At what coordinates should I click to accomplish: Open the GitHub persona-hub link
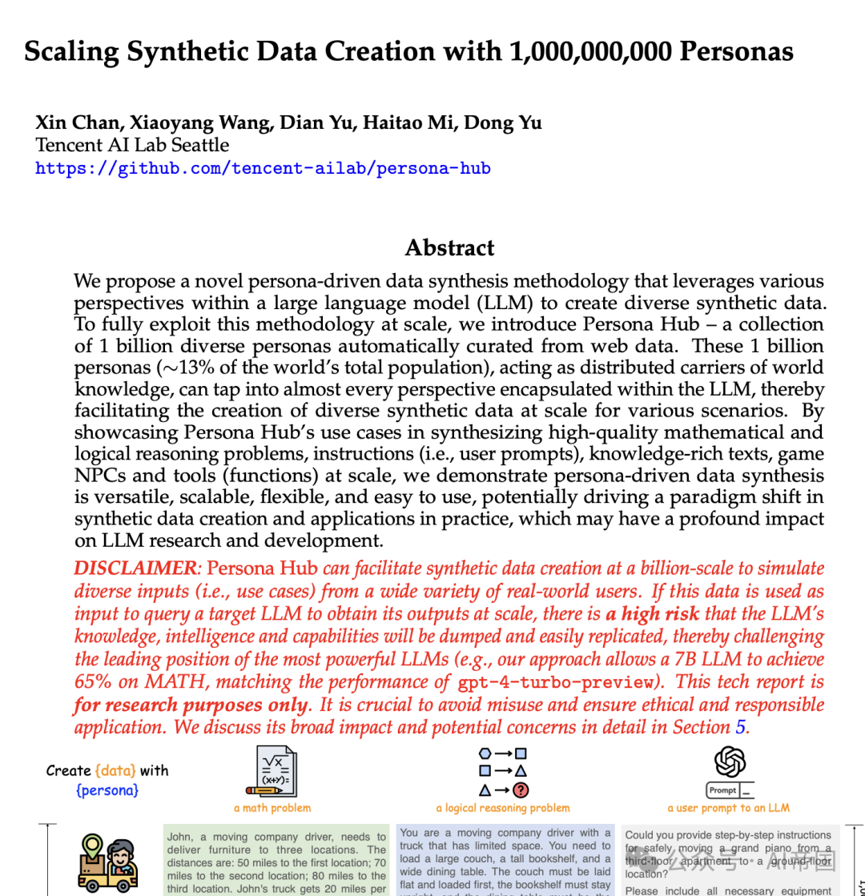click(x=263, y=168)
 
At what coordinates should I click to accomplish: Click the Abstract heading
click(x=449, y=247)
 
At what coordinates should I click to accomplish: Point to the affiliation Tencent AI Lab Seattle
click(x=132, y=145)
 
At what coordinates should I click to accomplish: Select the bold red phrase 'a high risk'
click(x=652, y=614)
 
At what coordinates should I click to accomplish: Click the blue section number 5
click(x=739, y=727)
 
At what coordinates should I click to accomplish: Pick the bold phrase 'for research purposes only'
click(x=191, y=705)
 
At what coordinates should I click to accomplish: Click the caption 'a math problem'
click(x=272, y=808)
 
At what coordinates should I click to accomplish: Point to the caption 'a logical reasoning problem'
click(x=503, y=808)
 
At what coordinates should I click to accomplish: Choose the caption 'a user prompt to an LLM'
click(x=728, y=808)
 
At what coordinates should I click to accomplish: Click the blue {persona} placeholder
click(x=107, y=790)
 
